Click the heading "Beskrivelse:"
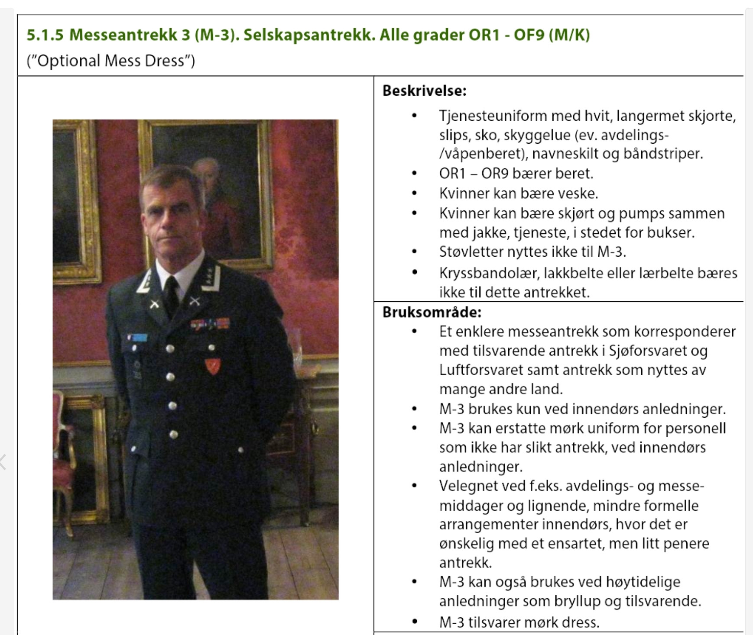point(424,91)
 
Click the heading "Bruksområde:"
point(432,312)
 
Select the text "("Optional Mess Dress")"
point(111,61)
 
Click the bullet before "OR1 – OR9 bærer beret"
point(415,174)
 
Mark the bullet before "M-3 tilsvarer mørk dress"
point(415,622)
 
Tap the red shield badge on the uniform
point(213,366)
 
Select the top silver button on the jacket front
point(170,348)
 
